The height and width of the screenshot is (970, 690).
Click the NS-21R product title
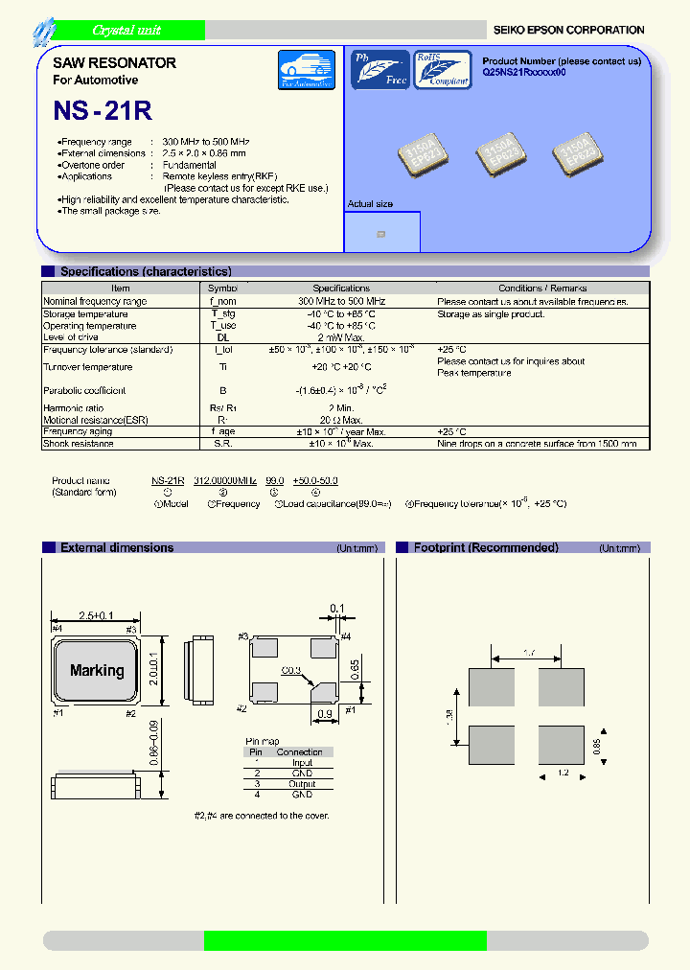[x=103, y=110]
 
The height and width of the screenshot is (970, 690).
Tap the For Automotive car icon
[x=306, y=70]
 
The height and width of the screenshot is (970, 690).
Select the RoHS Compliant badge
[x=442, y=70]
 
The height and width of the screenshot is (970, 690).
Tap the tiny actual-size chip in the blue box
[x=381, y=234]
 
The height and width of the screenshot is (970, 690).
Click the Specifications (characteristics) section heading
[x=146, y=272]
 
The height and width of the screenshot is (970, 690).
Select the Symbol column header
[x=222, y=288]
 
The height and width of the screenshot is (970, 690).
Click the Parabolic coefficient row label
[x=84, y=390]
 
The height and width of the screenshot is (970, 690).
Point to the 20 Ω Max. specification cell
[x=340, y=420]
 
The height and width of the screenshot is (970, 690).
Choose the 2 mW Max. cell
[x=340, y=337]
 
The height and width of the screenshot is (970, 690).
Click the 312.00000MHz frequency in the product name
[x=224, y=480]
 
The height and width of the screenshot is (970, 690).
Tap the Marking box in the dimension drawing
[x=97, y=671]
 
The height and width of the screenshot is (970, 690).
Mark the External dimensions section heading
[x=117, y=548]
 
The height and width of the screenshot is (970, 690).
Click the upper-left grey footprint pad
[x=492, y=687]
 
